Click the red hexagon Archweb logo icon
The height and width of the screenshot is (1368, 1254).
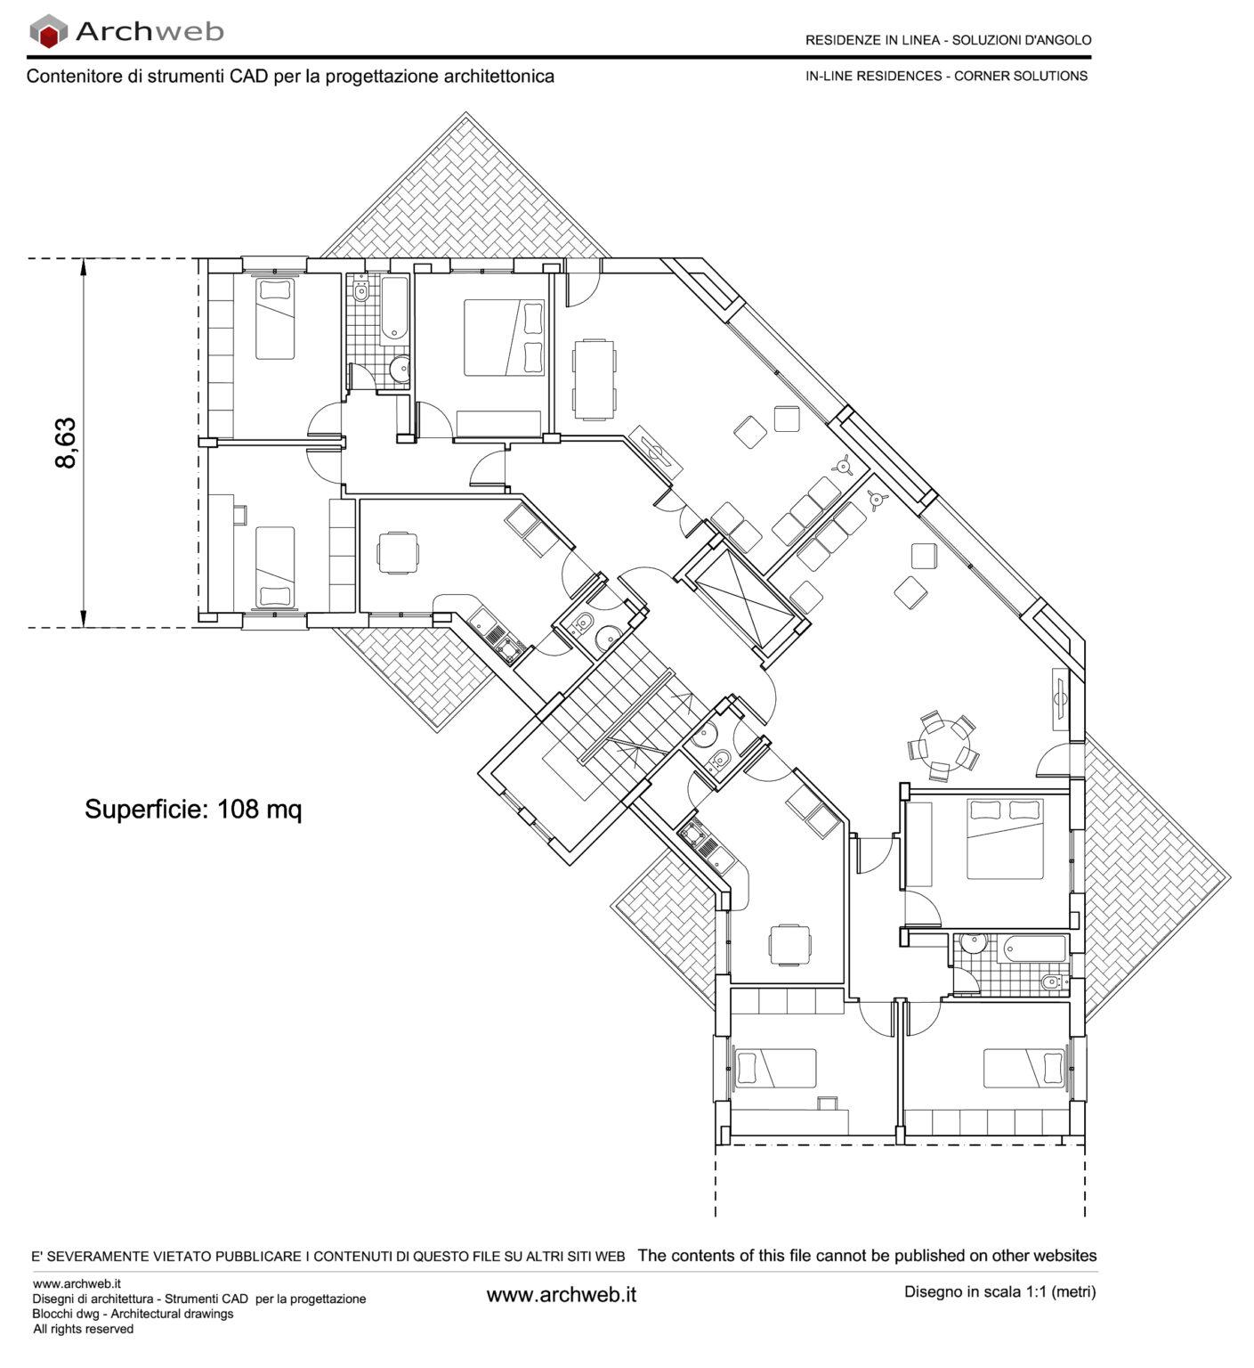point(49,32)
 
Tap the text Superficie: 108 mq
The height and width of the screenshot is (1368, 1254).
point(193,810)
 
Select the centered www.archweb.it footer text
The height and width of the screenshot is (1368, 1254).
point(561,1295)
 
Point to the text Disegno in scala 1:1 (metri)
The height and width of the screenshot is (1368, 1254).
point(999,1291)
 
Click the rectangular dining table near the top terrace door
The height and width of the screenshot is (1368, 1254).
point(594,379)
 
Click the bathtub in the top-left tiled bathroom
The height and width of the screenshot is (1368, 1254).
point(394,310)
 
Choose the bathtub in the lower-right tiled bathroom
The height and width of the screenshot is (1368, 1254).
point(1035,948)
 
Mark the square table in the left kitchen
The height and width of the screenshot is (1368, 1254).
point(397,552)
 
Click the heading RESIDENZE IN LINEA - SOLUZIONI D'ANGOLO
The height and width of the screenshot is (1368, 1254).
point(948,40)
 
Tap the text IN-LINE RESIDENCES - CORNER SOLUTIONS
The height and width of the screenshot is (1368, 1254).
point(946,77)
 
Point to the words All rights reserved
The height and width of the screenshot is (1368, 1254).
point(83,1329)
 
